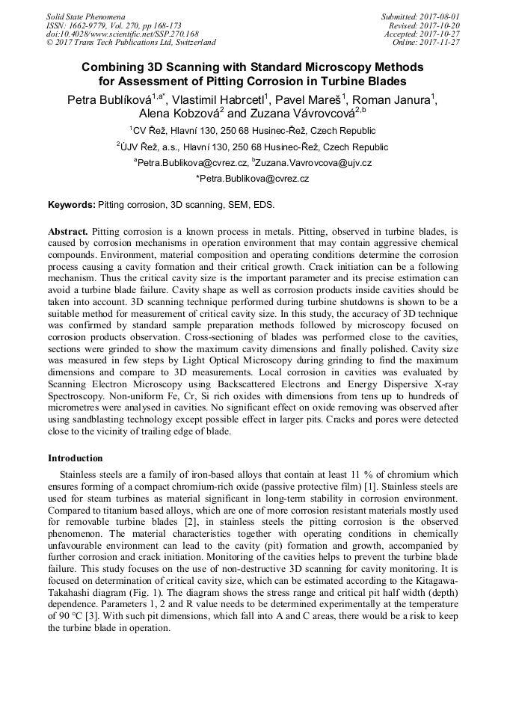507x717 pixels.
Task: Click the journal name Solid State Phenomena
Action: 85,16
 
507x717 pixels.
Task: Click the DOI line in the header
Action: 123,34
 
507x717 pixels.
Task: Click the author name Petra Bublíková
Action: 107,100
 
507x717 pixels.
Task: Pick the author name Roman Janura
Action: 395,100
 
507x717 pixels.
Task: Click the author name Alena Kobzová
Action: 175,114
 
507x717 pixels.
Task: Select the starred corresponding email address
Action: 253,179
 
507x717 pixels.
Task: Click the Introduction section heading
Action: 76,458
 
